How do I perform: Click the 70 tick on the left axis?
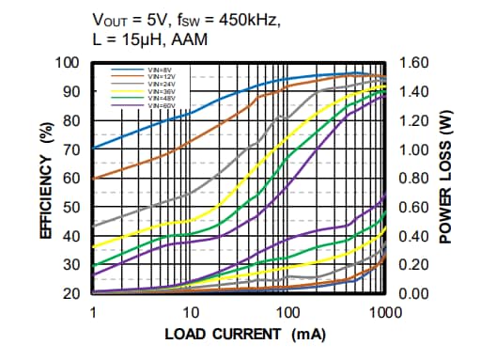click(x=71, y=149)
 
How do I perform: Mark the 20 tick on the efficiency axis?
click(x=71, y=293)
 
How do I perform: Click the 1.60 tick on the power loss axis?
click(x=413, y=63)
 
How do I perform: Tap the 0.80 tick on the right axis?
click(x=413, y=179)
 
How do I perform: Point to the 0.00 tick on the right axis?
click(x=413, y=293)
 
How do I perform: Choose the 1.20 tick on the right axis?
click(x=413, y=120)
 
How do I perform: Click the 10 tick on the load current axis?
click(x=191, y=311)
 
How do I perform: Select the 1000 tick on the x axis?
click(x=385, y=311)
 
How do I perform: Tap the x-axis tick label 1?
click(x=94, y=311)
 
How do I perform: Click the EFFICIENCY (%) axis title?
click(x=45, y=178)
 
